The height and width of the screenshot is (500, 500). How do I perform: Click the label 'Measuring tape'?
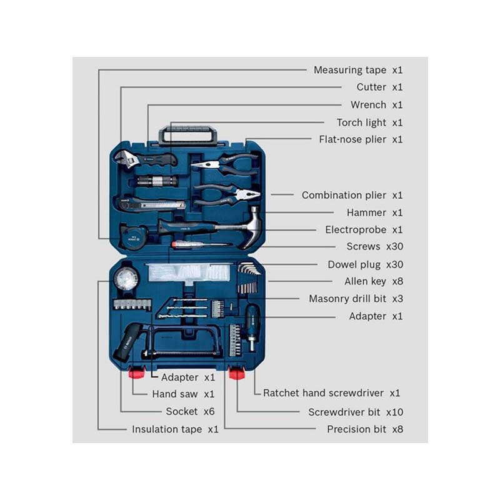(350, 70)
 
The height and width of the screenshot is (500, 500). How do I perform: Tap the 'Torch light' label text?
(361, 122)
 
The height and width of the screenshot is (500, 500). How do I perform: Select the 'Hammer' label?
(366, 212)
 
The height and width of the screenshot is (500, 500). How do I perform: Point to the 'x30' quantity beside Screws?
(394, 246)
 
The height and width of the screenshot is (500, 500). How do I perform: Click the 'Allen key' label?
(365, 282)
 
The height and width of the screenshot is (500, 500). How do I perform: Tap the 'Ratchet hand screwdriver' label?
(323, 393)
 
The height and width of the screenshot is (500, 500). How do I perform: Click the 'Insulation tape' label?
(167, 429)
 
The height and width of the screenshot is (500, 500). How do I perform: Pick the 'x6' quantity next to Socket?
(209, 411)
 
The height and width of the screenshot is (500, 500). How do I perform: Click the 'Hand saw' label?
(175, 394)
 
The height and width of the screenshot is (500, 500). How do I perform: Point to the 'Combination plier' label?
(344, 196)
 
